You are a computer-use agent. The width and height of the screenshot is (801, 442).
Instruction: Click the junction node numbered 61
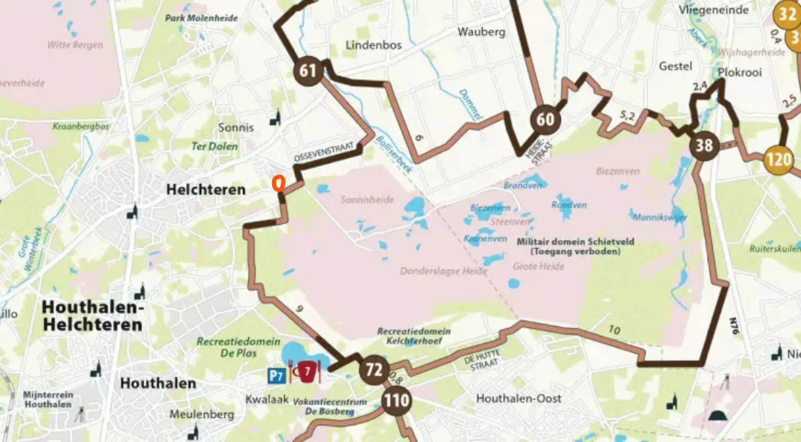point(308,71)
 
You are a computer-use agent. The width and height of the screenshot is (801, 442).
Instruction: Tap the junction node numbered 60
point(545,120)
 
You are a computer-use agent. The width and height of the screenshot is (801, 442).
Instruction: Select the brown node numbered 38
point(704,145)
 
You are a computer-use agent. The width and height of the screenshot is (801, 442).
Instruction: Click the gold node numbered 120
point(778,160)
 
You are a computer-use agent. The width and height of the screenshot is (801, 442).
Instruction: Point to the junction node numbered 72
point(374,370)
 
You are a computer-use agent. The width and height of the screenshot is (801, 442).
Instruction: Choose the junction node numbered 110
point(397,400)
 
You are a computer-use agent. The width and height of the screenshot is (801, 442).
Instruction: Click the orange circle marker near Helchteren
point(279,183)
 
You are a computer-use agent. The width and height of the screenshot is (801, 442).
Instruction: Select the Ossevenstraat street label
point(324,152)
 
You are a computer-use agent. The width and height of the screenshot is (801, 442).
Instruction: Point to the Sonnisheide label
point(367,200)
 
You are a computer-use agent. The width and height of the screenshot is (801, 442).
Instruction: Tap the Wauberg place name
point(481,32)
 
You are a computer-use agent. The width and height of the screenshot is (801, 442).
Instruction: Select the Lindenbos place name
point(373,45)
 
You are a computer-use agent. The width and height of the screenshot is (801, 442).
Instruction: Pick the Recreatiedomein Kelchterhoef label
point(414,336)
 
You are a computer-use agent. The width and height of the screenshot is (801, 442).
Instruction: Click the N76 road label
point(733,326)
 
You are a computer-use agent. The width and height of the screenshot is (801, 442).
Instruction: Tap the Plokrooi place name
point(740,73)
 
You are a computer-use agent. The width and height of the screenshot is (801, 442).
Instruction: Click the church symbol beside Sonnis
point(275,118)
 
